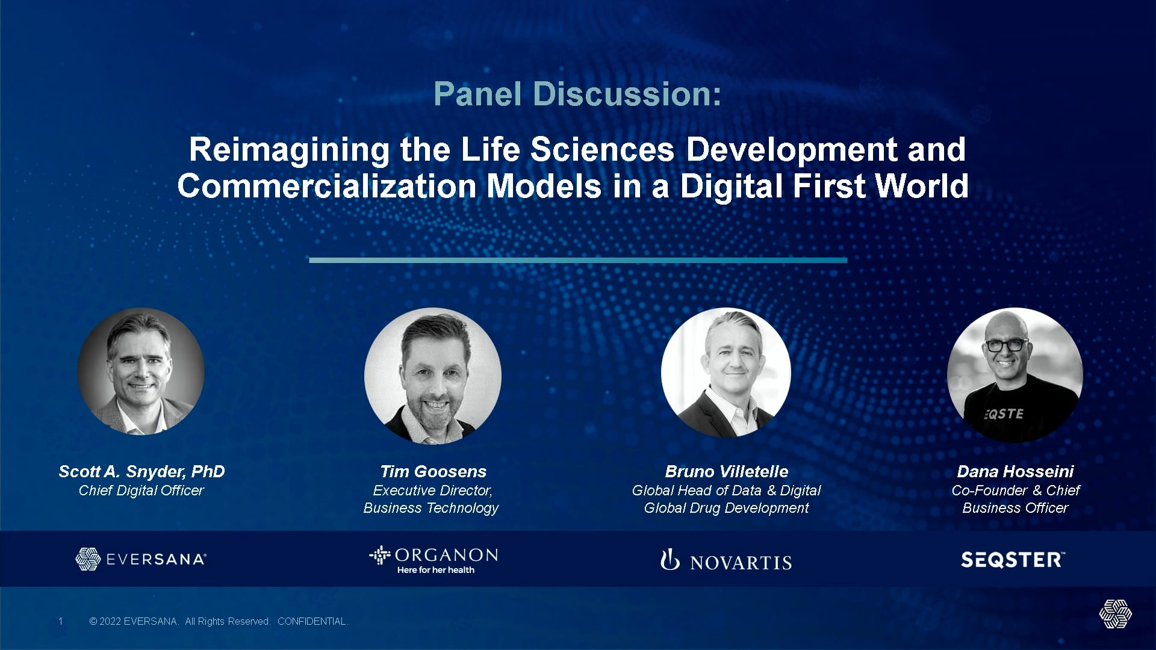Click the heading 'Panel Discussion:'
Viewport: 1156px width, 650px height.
(577, 94)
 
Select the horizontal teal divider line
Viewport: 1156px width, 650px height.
(578, 260)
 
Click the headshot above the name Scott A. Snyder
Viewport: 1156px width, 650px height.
(141, 371)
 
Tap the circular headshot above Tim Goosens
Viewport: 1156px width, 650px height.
(433, 376)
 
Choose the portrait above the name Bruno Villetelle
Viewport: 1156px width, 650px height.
(726, 373)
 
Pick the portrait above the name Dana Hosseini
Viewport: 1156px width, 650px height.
(1015, 376)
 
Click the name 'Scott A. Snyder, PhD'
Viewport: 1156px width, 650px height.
(141, 472)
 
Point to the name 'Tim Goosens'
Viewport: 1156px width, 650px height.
(433, 472)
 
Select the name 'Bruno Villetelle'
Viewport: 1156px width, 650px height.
(727, 472)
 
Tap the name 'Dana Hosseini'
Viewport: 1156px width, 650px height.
(1016, 472)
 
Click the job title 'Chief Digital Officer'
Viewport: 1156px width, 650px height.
(141, 491)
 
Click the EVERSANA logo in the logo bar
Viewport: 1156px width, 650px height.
(141, 559)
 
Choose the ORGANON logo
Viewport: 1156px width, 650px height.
(433, 560)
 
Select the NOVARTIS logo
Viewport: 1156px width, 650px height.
(726, 560)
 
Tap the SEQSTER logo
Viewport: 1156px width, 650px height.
(1013, 560)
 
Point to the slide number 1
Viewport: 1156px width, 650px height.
(60, 621)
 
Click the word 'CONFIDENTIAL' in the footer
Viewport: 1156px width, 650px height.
(312, 621)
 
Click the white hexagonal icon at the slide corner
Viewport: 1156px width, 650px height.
(1115, 614)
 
